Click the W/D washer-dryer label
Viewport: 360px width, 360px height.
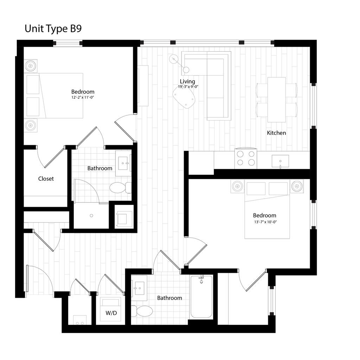(111, 313)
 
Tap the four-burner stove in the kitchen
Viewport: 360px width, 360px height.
(246, 158)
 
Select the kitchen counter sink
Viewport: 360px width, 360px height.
(280, 161)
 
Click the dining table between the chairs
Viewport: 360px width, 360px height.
(277, 99)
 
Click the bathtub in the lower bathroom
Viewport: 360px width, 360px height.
(201, 297)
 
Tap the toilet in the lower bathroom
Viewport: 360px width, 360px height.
(144, 311)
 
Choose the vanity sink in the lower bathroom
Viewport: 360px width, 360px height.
(139, 288)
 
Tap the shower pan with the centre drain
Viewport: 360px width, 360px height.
(91, 216)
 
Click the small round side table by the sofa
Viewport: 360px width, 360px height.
(174, 59)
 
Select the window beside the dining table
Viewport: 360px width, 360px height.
(313, 106)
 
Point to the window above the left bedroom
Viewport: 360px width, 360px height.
(67, 43)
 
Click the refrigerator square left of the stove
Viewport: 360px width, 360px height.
(201, 163)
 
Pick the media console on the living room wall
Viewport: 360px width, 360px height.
(143, 85)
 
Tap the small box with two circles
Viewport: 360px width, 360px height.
(80, 320)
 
